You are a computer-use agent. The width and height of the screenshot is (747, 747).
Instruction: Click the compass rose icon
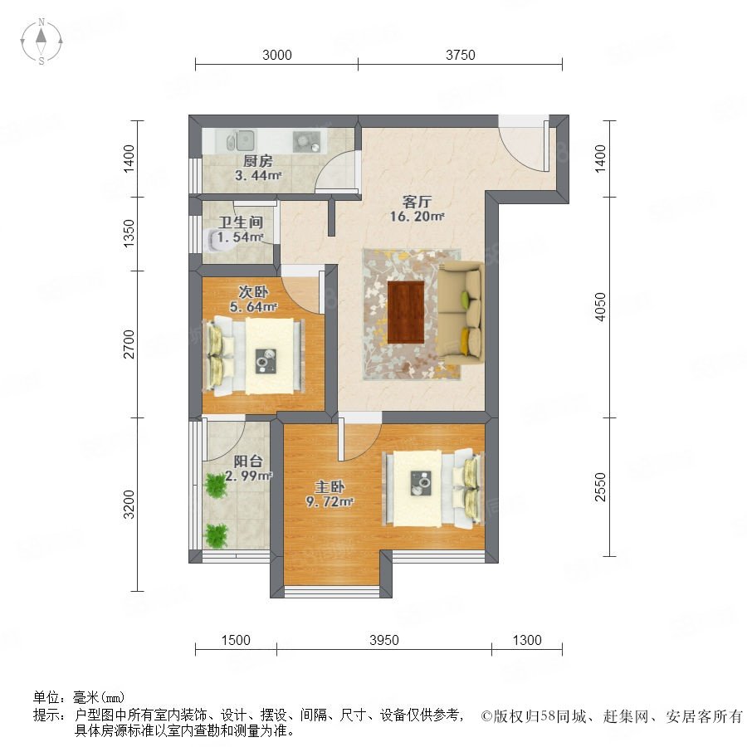point(41,41)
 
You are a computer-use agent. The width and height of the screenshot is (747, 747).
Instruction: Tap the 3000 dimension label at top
point(276,56)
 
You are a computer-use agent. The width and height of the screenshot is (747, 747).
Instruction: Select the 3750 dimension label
point(460,56)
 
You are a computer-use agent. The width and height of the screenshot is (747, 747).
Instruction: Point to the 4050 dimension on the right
point(600,307)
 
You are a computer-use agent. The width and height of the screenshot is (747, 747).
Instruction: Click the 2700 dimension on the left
point(129,344)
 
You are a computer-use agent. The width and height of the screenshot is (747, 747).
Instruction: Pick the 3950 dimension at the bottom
point(384,640)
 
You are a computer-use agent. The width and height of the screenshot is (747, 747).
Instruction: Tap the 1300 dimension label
point(527,640)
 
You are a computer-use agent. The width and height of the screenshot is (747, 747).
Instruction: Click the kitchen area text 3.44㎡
point(258,176)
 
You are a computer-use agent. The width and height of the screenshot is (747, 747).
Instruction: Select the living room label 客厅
point(417,202)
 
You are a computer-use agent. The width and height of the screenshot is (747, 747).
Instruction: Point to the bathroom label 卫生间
point(241,222)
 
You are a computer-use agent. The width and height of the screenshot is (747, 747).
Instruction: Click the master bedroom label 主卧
point(330,487)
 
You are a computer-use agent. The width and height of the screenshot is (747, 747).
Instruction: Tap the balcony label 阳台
point(248,461)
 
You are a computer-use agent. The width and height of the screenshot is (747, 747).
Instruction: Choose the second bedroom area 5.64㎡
point(253,307)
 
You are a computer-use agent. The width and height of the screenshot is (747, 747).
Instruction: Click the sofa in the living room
point(461,313)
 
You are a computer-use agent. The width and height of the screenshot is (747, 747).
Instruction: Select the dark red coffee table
point(406,312)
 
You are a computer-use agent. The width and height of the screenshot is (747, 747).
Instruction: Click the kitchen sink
point(242,141)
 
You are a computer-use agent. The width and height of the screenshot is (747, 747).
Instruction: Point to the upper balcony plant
point(216,486)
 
